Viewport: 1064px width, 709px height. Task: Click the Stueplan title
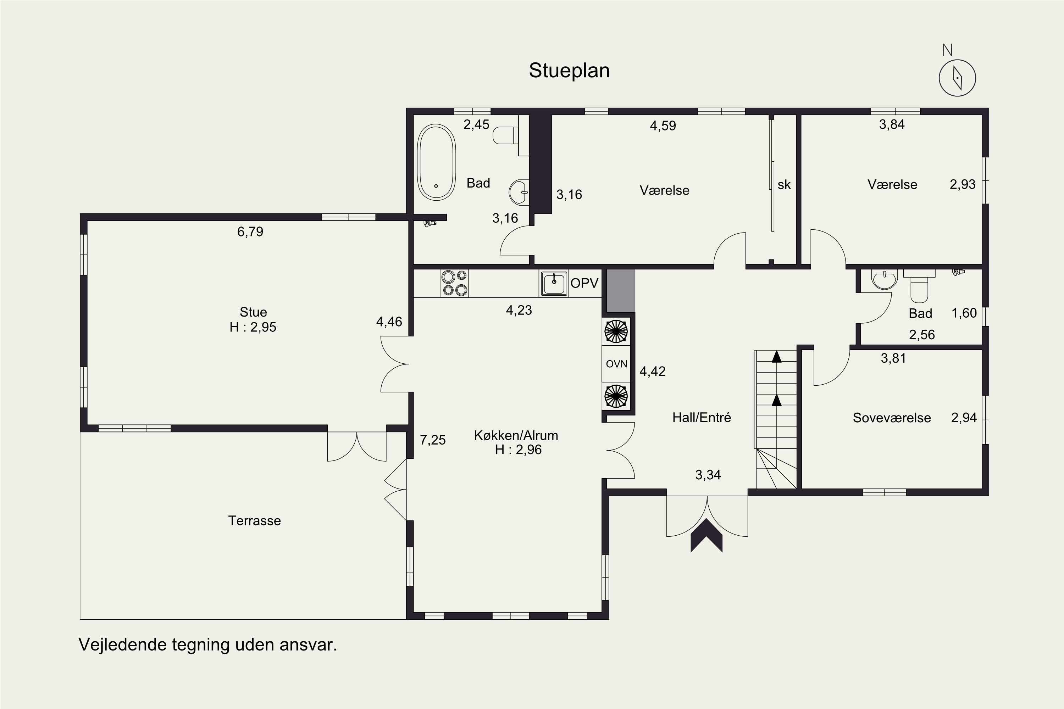(x=569, y=71)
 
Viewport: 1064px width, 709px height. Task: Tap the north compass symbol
(x=957, y=78)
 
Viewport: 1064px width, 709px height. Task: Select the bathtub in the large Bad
(x=436, y=162)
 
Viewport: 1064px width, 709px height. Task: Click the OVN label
(x=617, y=364)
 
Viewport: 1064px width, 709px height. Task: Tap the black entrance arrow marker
(x=706, y=535)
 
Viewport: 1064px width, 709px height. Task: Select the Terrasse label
(x=254, y=521)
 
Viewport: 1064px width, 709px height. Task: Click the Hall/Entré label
(x=702, y=417)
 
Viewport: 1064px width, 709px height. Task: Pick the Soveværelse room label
(x=892, y=418)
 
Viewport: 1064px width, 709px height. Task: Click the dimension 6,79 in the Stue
(x=250, y=232)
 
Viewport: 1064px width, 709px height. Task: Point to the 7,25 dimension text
(x=433, y=440)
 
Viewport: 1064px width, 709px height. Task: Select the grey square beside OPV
(x=621, y=291)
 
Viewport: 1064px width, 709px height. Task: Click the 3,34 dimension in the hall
(x=708, y=475)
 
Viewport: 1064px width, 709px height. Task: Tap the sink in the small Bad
(x=884, y=280)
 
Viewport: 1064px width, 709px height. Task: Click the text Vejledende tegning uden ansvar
(x=208, y=645)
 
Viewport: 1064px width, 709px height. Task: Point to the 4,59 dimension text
(x=663, y=126)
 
